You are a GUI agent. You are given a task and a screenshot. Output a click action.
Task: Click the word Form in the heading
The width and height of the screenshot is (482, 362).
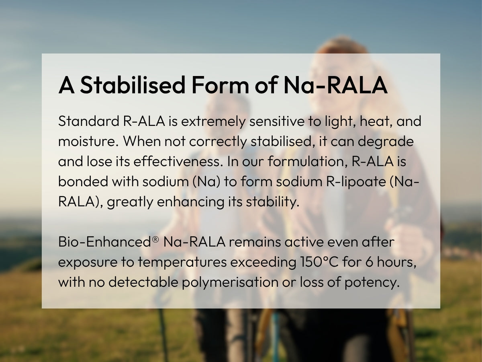[220, 85]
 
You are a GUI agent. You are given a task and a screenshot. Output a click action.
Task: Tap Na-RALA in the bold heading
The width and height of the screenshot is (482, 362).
[335, 85]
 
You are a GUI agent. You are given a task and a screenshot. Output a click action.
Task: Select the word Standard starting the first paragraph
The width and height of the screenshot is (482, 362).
[89, 121]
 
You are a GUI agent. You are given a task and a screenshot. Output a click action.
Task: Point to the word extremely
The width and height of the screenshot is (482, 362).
[213, 122]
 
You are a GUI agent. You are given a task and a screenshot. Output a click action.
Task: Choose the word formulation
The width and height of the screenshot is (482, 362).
[308, 161]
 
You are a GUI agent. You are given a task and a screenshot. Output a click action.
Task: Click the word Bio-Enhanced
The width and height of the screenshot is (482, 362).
[104, 242]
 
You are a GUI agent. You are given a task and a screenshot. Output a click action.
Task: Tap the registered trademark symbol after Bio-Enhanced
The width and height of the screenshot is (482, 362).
[155, 239]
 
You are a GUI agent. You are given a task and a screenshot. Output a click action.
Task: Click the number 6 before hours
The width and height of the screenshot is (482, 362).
[370, 262]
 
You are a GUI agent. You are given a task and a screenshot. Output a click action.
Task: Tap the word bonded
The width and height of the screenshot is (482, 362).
[83, 181]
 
